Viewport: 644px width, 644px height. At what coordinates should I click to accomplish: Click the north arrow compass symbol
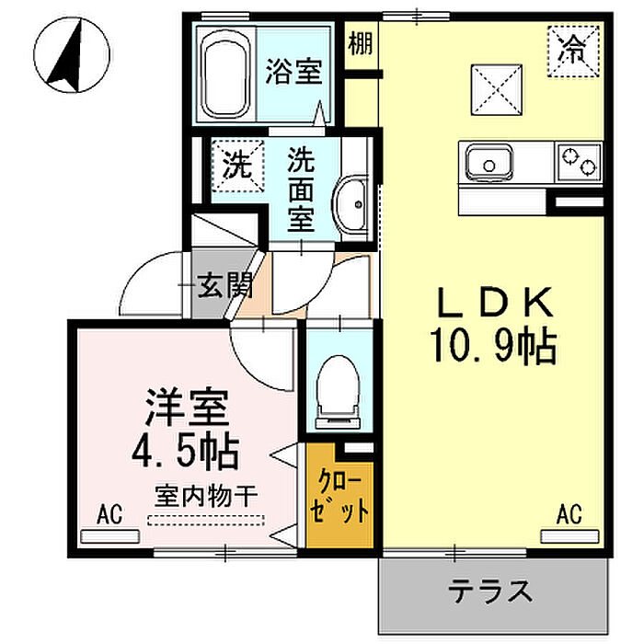coord(72,55)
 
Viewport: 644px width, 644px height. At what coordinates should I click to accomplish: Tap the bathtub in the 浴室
coord(226,74)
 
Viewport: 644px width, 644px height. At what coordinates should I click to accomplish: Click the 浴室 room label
coord(293,72)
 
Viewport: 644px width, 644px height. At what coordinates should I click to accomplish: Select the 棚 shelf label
coord(361,43)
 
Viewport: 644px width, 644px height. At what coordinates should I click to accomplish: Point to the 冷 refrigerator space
coord(573,52)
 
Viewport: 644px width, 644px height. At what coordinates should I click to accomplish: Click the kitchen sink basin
coord(489,162)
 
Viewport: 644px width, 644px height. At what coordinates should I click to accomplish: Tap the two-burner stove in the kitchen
coord(579,162)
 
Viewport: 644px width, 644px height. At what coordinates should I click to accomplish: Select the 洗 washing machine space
coord(237,166)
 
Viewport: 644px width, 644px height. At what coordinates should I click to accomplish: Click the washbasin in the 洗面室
coord(351,204)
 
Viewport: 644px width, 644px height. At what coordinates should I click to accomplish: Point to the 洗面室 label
coord(301,190)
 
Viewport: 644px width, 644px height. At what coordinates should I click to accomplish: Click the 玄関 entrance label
coord(224,284)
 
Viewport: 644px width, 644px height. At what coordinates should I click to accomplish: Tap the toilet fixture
coord(338,392)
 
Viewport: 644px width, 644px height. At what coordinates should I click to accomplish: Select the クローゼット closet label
coord(339,499)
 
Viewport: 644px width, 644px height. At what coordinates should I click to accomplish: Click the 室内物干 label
coord(206,496)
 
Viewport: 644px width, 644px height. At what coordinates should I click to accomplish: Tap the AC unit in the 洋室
coord(110,536)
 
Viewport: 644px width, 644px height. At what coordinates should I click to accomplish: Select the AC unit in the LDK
coord(570,536)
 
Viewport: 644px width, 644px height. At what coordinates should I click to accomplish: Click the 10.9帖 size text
coord(493,346)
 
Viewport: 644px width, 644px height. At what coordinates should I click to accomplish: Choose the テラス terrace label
coord(490,591)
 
